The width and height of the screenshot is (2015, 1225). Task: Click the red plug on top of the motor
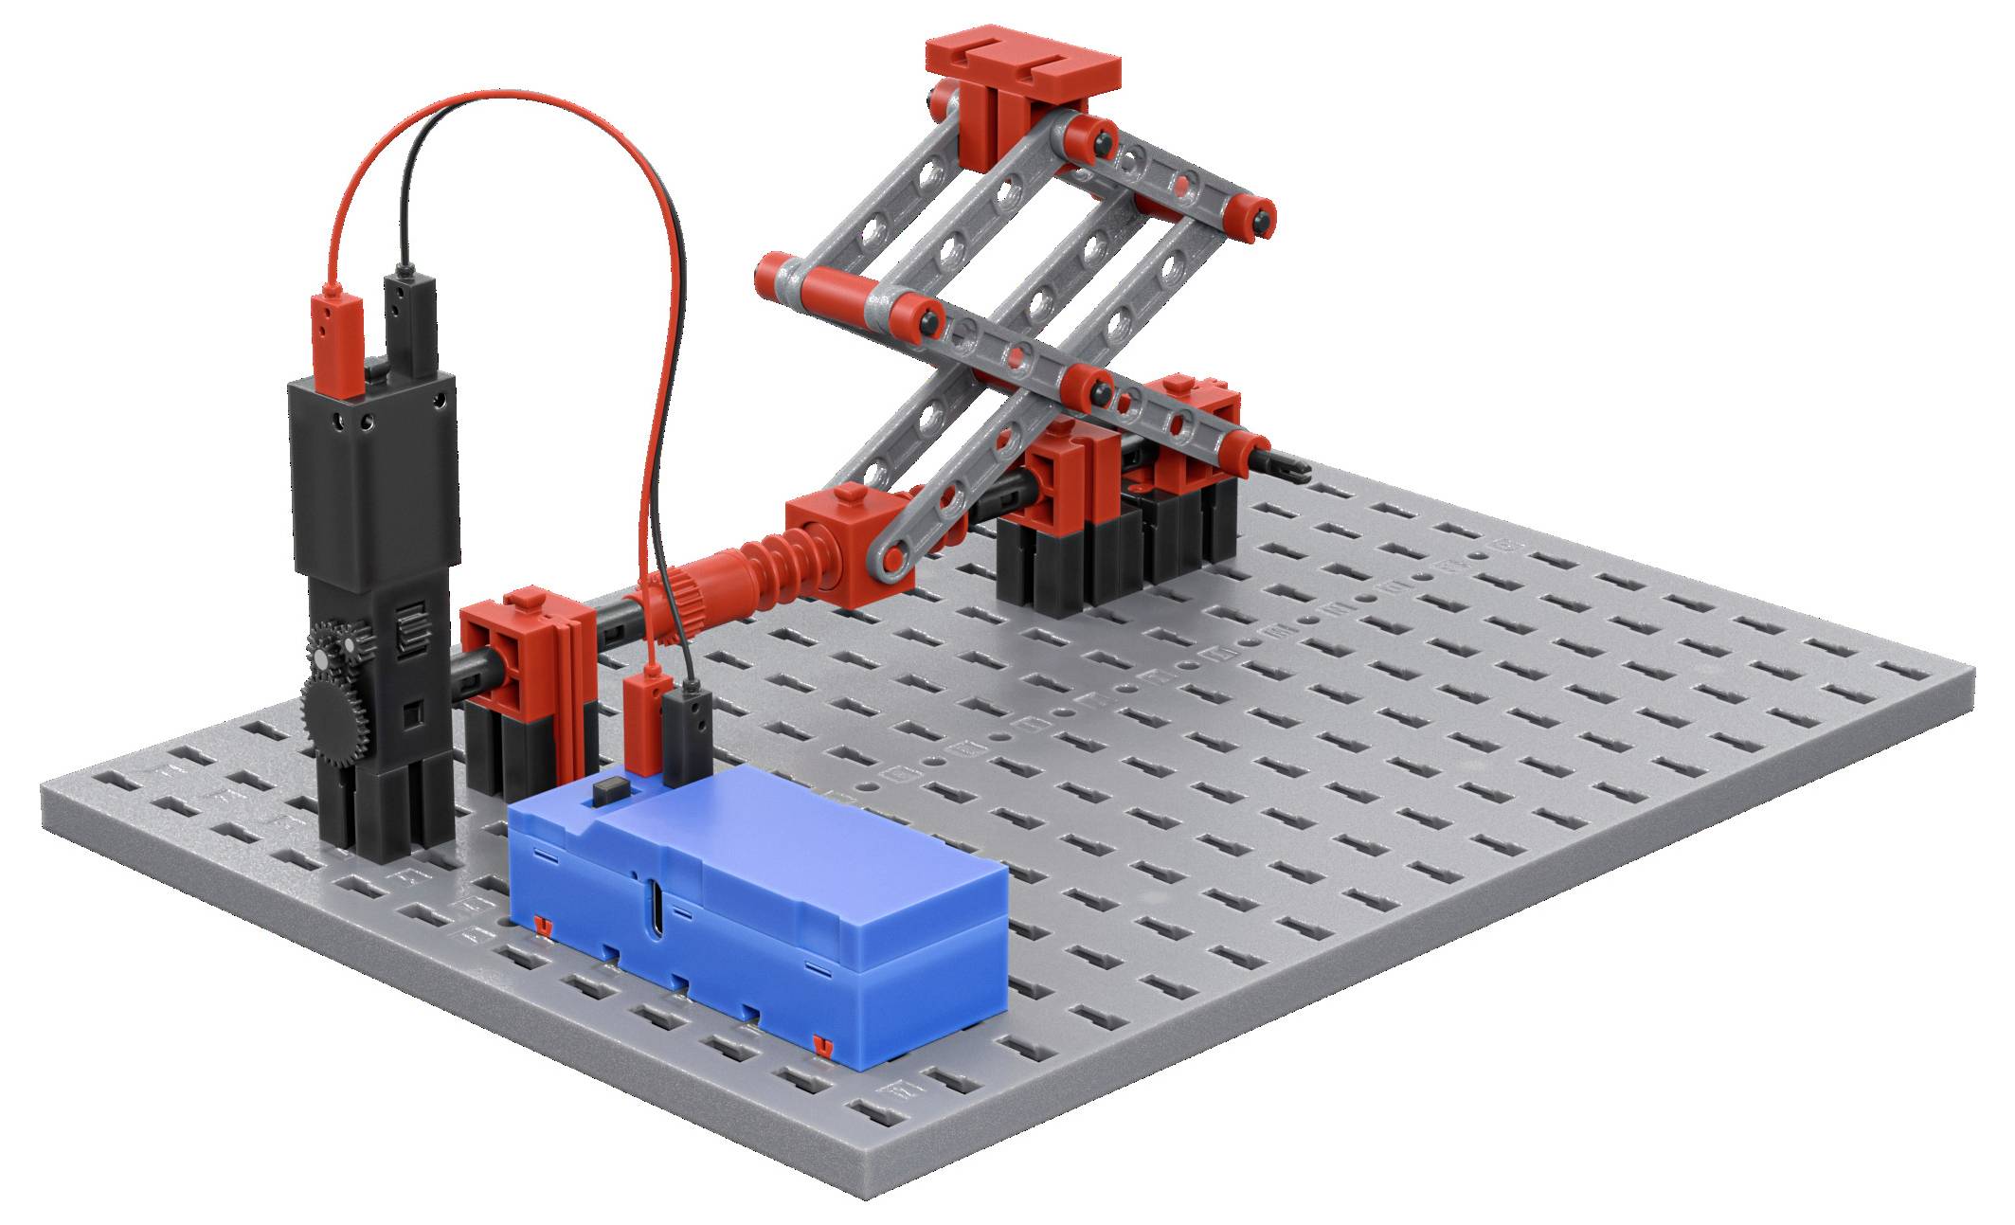[x=337, y=341]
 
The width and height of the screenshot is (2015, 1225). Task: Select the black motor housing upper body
[x=374, y=474]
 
